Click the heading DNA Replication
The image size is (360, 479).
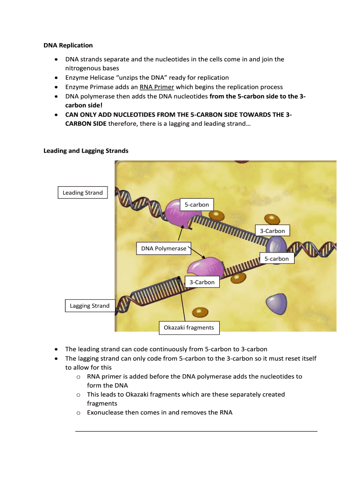(x=68, y=45)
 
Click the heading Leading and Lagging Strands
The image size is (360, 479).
(x=86, y=151)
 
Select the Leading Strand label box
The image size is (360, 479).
(x=83, y=193)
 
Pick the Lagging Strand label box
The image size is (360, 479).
(x=90, y=306)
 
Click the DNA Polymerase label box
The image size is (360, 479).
(x=164, y=248)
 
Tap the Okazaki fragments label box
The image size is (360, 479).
(x=189, y=327)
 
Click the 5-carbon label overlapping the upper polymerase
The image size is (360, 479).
(x=197, y=205)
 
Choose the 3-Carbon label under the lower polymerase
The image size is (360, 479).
(x=202, y=282)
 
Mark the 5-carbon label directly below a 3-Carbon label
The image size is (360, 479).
(x=277, y=259)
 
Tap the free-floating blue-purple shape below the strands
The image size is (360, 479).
(x=276, y=304)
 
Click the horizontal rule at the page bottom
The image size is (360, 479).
(x=196, y=431)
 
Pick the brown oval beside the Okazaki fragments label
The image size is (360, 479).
(x=200, y=312)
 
